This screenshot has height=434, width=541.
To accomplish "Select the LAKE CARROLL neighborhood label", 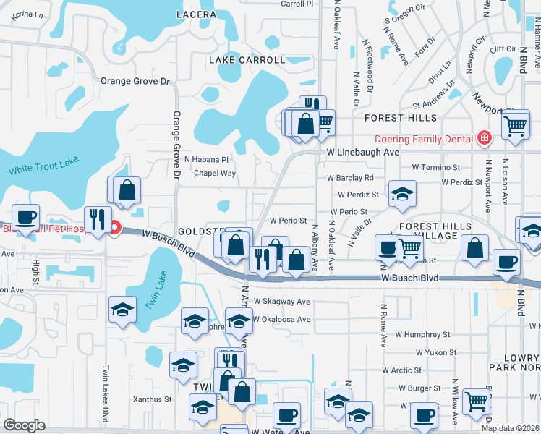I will pos(247,60).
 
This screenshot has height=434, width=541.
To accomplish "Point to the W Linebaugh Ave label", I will pos(362,153).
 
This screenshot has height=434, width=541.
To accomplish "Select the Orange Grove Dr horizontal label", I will pos(134,81).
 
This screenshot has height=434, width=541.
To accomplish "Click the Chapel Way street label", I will pos(215,174).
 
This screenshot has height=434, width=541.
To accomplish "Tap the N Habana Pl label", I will pos(206,159).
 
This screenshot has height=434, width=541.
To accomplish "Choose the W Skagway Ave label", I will pos(282,302).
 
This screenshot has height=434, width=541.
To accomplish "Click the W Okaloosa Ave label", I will pos(281,319).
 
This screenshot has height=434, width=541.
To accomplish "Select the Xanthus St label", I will pos(151,399).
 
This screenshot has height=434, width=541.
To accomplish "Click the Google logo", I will pos(24,425).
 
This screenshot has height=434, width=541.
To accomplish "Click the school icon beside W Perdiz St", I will pos(402,194).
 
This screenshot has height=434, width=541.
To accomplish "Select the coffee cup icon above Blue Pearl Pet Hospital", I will pos(26,216).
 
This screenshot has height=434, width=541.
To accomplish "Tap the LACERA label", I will pos(195,14).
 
